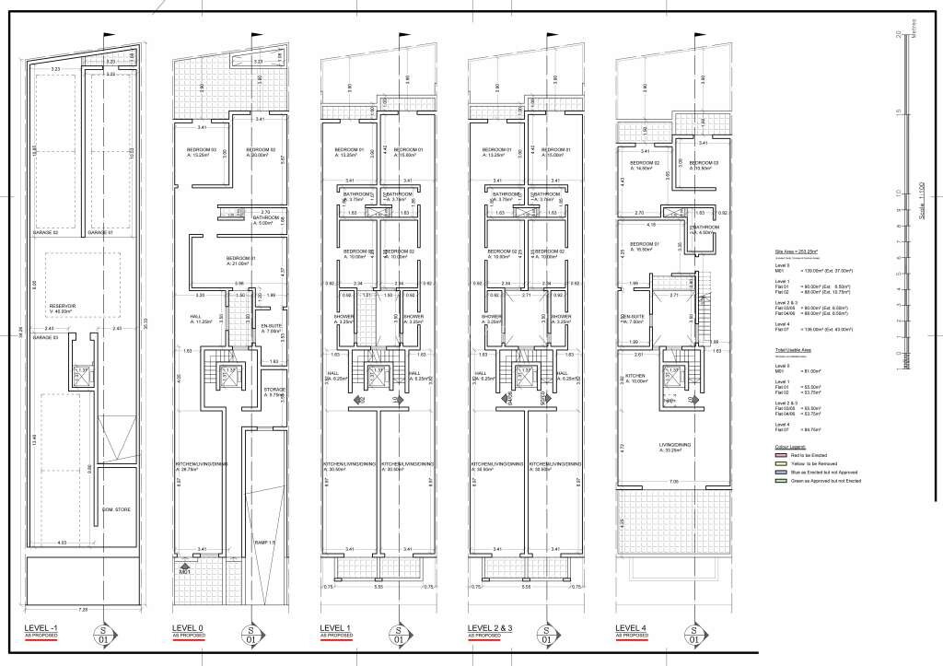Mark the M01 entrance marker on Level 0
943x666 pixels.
coord(184,572)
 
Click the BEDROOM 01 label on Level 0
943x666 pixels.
coord(239,259)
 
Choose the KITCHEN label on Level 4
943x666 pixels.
coord(636,376)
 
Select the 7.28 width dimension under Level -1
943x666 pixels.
coord(82,608)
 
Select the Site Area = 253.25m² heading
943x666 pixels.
coord(797,250)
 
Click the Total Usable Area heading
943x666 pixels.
coord(792,351)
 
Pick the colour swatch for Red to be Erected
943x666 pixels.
coord(780,454)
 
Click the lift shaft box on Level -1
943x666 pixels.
coord(81,372)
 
